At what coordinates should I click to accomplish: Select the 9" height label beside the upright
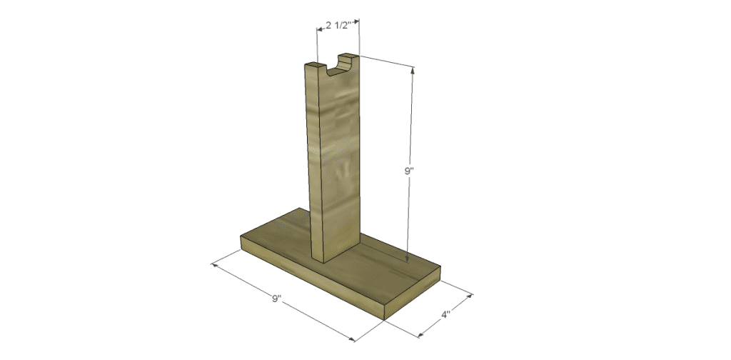pyautogui.click(x=408, y=171)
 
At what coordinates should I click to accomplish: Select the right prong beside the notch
pyautogui.click(x=349, y=56)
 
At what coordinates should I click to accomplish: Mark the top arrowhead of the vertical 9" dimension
pyautogui.click(x=412, y=69)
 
